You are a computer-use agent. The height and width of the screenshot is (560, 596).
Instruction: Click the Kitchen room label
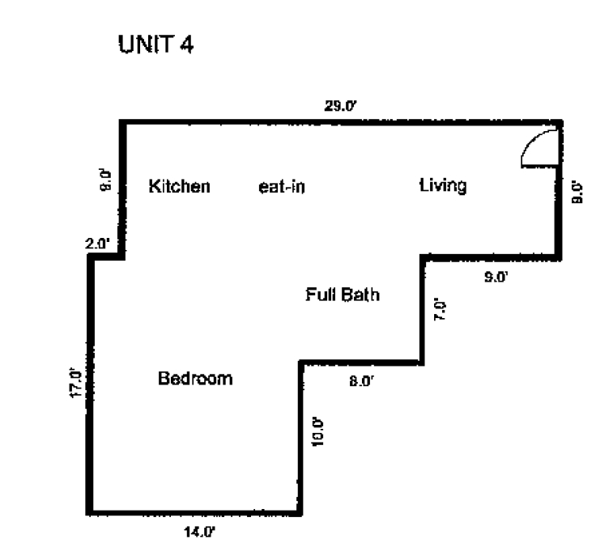pyautogui.click(x=180, y=187)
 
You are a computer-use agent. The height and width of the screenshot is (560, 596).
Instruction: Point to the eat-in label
pyautogui.click(x=282, y=188)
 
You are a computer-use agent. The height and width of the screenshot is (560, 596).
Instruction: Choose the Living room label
pyautogui.click(x=442, y=186)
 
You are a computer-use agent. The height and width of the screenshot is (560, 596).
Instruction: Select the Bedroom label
pyautogui.click(x=195, y=378)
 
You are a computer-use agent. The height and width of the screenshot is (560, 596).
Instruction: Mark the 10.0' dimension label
pyautogui.click(x=317, y=431)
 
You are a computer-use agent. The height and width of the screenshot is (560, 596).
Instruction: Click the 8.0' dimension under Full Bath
pyautogui.click(x=361, y=380)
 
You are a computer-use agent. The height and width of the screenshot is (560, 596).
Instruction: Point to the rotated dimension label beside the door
pyautogui.click(x=577, y=194)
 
